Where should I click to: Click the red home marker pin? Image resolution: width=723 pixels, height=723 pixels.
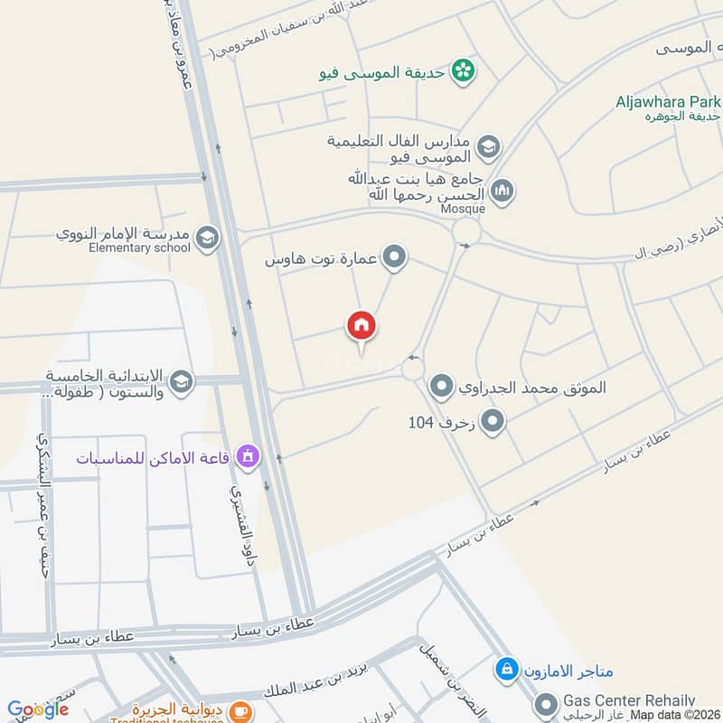[x=361, y=325]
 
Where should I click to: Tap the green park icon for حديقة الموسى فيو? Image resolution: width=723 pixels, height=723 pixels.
[x=464, y=70]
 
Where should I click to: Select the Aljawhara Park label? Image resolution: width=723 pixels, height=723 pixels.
[x=668, y=101]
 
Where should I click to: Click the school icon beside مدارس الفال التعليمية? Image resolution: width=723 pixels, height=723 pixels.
[x=488, y=146]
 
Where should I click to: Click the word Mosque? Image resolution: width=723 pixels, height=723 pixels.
[x=463, y=209]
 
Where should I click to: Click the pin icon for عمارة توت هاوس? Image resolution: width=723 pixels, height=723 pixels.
[x=394, y=258]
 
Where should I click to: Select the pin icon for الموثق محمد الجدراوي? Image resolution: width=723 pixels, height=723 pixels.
[x=441, y=388]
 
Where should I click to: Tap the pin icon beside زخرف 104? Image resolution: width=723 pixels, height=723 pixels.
[x=493, y=421]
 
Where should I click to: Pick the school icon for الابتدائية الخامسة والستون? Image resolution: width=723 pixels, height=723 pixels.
[x=181, y=382]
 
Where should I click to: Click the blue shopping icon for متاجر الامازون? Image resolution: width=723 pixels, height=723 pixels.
[x=506, y=671]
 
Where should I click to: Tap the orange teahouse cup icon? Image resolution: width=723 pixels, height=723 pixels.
[x=240, y=712]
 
